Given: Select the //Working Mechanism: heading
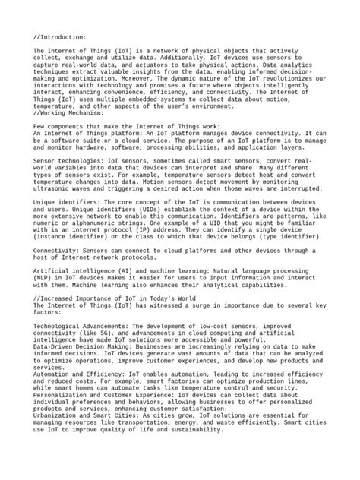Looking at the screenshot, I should point(67,112).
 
